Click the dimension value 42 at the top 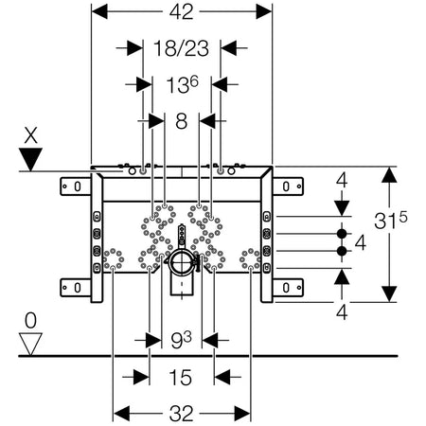(x=181, y=12)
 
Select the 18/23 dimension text (x=181, y=48)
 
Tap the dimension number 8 (x=181, y=121)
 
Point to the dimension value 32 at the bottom (x=181, y=414)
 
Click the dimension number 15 (x=181, y=377)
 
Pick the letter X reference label (x=30, y=135)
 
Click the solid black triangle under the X (x=30, y=159)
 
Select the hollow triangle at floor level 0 (x=30, y=345)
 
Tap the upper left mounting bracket (x=76, y=186)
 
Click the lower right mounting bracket (x=288, y=288)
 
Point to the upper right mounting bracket (x=288, y=186)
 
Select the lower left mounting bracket (x=76, y=288)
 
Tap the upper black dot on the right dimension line (x=342, y=234)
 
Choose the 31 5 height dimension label (x=391, y=220)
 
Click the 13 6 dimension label (x=182, y=85)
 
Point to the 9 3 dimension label (x=181, y=340)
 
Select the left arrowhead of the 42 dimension (x=99, y=11)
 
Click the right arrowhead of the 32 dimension (x=242, y=414)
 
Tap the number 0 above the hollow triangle (x=30, y=321)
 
